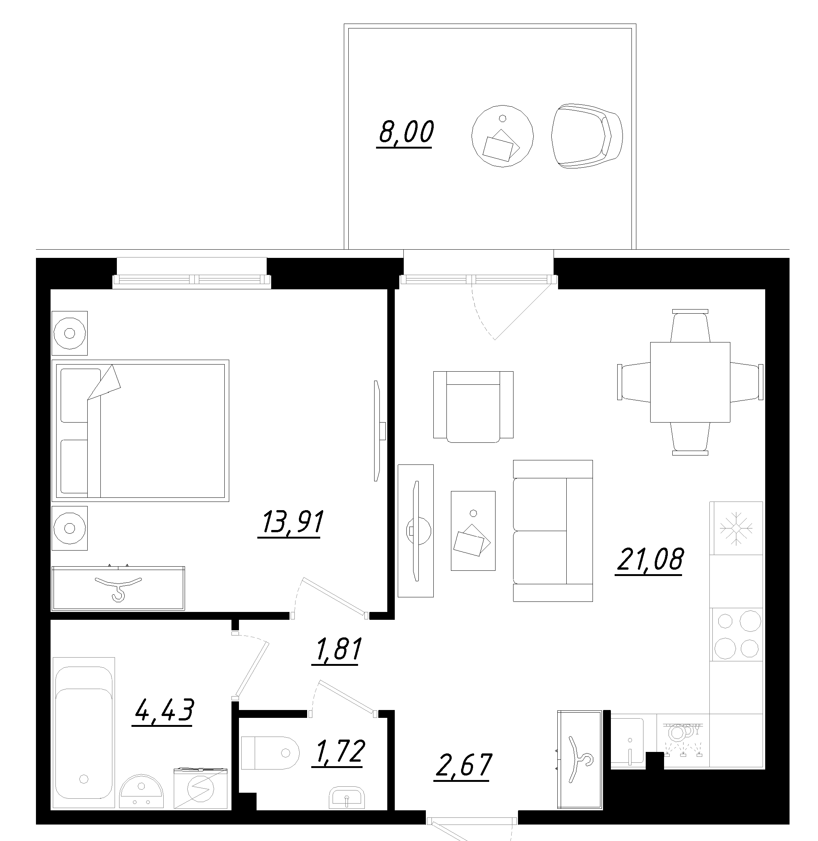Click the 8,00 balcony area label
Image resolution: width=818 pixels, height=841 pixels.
[406, 132]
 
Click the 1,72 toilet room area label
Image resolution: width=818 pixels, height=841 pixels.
[339, 752]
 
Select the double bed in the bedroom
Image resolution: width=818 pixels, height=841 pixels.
[140, 430]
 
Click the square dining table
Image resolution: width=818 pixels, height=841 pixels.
[690, 382]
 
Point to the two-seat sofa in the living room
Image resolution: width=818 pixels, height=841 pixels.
[552, 531]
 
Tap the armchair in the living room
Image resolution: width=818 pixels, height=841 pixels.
[473, 406]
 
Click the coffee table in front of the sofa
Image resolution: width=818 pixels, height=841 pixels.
[473, 531]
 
